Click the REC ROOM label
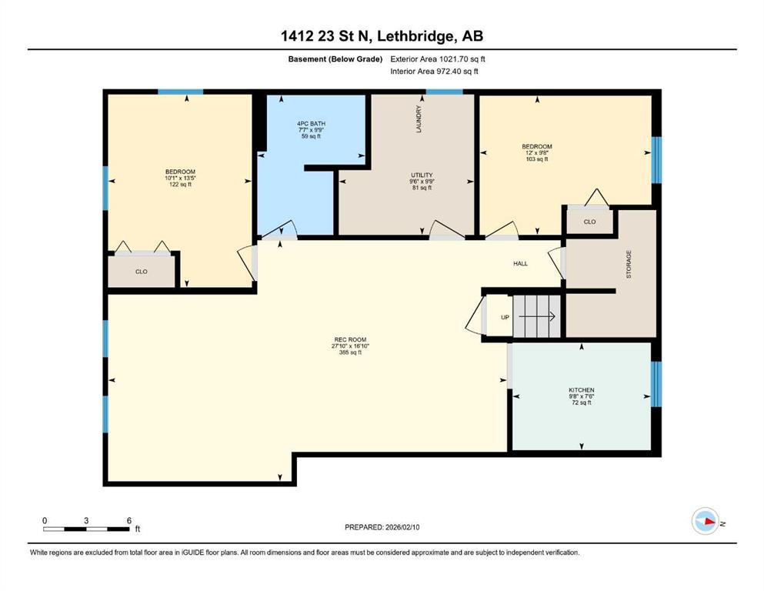point(350,339)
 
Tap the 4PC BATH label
point(312,124)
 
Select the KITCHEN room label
point(582,390)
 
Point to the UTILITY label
point(422,175)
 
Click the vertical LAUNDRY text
point(419,119)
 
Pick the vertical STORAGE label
point(629,264)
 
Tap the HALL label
point(520,264)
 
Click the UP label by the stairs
point(505,317)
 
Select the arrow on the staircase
point(537,317)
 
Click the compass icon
point(706,521)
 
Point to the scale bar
point(86,529)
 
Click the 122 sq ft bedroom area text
point(180,185)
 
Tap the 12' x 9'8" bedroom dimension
point(537,152)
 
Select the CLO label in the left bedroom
point(142,272)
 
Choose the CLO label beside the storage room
point(589,222)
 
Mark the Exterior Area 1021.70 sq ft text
point(438,59)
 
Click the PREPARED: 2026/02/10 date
point(382,527)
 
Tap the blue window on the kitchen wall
point(656,384)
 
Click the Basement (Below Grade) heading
point(335,59)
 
